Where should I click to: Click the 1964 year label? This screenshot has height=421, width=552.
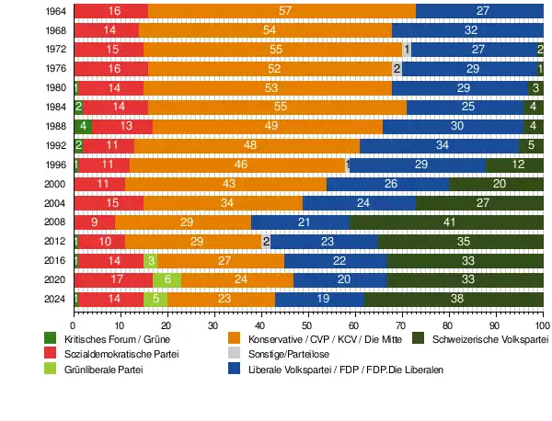coord(55,11)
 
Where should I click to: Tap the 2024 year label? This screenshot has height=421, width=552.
coord(55,299)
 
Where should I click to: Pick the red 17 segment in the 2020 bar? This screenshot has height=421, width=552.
coord(113,279)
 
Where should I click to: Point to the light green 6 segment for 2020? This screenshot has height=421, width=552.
coord(167,279)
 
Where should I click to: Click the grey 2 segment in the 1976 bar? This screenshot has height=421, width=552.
coord(397,69)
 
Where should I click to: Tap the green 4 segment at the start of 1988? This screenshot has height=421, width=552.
coord(83,126)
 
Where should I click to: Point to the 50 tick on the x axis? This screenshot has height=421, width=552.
coord(308,324)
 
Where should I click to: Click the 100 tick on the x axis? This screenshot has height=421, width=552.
coord(543,324)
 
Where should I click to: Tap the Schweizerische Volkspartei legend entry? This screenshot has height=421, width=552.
coord(488,339)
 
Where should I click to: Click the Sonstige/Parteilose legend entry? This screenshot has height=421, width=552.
coord(288,354)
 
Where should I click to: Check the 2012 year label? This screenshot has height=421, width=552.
coord(55,241)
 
